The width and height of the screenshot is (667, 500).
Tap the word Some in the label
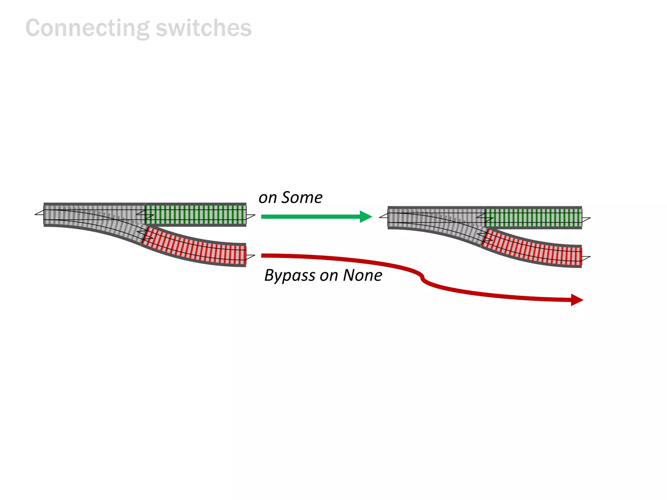click(x=302, y=198)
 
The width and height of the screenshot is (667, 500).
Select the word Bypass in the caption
click(x=290, y=276)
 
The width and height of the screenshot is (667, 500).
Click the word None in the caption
click(x=362, y=275)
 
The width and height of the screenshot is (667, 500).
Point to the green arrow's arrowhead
click(x=366, y=216)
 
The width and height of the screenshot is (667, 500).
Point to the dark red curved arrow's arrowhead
click(x=577, y=300)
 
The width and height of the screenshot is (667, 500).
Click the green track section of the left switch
click(x=195, y=215)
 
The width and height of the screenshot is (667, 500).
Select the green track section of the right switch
click(x=533, y=217)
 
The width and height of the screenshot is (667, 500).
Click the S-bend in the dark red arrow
click(x=422, y=277)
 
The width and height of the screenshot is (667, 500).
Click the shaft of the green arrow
click(x=309, y=216)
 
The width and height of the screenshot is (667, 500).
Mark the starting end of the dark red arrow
click(x=263, y=256)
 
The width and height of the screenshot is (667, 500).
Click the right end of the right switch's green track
click(x=581, y=217)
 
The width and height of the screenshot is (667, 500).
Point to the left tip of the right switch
click(x=380, y=217)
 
